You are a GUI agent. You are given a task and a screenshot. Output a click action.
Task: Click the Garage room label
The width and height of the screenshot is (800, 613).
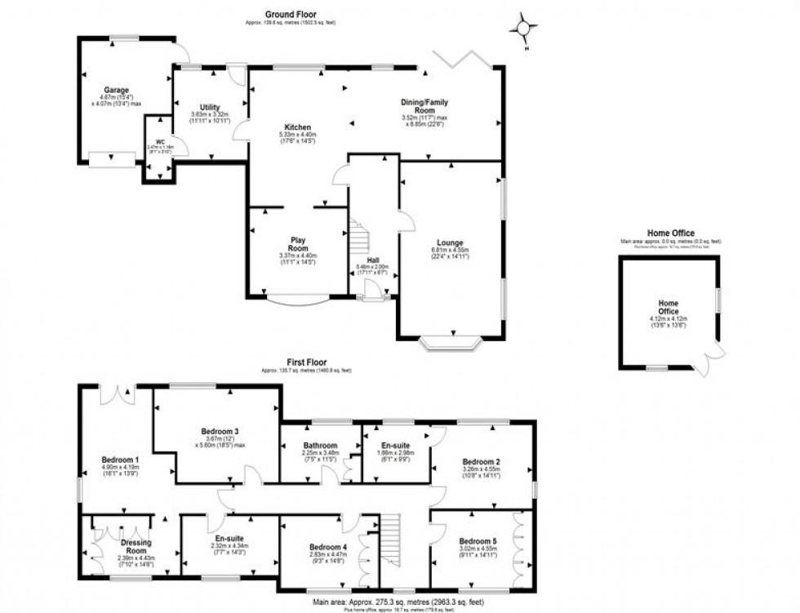(118, 91)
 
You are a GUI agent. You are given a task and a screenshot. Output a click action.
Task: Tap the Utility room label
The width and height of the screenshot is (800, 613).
(210, 108)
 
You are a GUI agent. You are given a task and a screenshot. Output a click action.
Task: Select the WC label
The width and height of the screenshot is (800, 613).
(161, 141)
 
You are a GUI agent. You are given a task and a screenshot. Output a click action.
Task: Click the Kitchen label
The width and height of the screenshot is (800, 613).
(294, 127)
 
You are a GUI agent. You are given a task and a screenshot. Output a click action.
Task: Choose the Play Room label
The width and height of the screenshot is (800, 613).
(297, 244)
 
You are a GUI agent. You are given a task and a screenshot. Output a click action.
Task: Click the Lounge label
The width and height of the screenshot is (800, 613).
(449, 242)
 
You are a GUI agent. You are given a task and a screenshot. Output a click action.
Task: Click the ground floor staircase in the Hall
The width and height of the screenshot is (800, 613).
(358, 239)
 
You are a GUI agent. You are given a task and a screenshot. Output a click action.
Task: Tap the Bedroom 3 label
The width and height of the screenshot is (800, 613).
(220, 431)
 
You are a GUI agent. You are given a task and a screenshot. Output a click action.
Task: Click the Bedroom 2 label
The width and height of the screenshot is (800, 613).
(482, 461)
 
